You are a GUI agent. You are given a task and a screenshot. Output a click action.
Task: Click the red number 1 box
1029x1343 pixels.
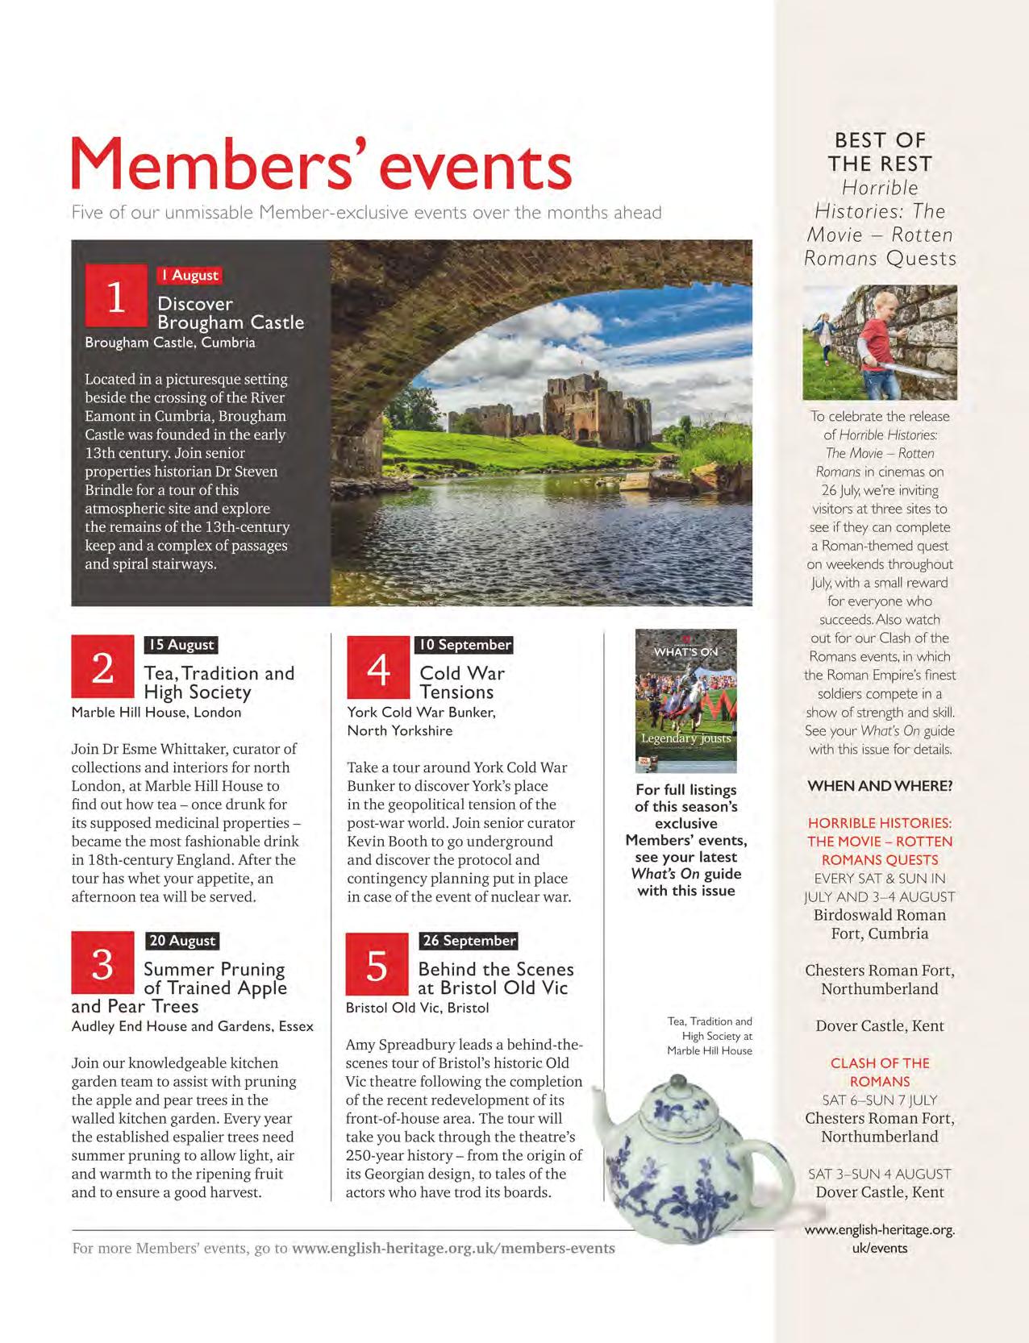(116, 297)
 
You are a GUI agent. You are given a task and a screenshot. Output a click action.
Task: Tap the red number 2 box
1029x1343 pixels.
(102, 667)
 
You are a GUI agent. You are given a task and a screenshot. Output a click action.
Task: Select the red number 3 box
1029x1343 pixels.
(102, 963)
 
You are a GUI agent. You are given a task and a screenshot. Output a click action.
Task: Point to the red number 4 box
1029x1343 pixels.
(378, 667)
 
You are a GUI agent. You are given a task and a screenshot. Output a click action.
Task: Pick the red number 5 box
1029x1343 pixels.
(377, 964)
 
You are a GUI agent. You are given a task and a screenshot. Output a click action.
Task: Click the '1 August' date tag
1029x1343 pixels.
(190, 275)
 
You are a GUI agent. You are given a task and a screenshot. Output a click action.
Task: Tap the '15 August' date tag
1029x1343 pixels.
(181, 645)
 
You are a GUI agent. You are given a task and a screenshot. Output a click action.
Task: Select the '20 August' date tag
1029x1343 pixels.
(182, 941)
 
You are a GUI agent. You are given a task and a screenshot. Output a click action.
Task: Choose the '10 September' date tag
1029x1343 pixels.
(465, 645)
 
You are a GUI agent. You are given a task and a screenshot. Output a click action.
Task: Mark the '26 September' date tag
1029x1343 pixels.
(469, 941)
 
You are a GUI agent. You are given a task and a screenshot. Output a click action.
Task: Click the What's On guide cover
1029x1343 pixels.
(686, 701)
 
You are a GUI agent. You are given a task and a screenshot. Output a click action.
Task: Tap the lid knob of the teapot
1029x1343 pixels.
(679, 1083)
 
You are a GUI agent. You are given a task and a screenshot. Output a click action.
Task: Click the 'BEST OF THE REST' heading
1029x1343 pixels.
(880, 152)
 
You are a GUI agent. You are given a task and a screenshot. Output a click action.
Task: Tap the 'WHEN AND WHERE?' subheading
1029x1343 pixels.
(880, 786)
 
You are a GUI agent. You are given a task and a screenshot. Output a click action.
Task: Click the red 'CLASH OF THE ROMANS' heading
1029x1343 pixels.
(880, 1072)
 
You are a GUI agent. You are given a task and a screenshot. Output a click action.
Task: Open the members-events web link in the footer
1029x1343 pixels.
(453, 1248)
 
